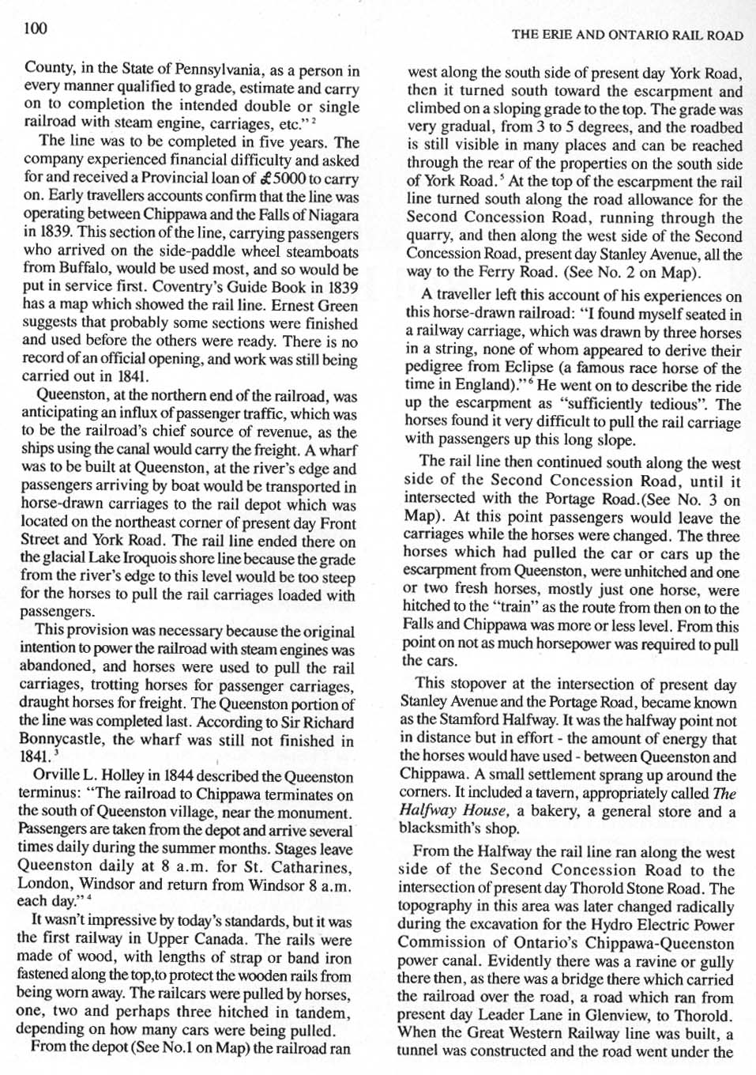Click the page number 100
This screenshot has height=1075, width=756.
point(36,28)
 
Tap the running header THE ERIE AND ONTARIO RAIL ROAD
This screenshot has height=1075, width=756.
point(626,35)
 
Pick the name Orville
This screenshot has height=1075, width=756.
point(55,776)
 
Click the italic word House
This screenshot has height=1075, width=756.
point(485,810)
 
